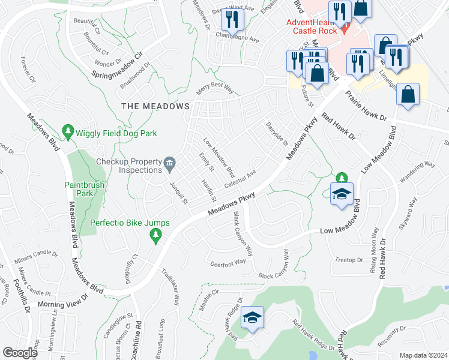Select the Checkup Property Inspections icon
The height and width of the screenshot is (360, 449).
[170, 163]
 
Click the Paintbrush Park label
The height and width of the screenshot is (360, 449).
[85, 190]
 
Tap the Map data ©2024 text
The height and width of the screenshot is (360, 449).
[423, 355]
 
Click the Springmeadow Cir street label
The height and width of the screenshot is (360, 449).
[119, 67]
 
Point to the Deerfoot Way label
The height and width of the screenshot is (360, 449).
[228, 262]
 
